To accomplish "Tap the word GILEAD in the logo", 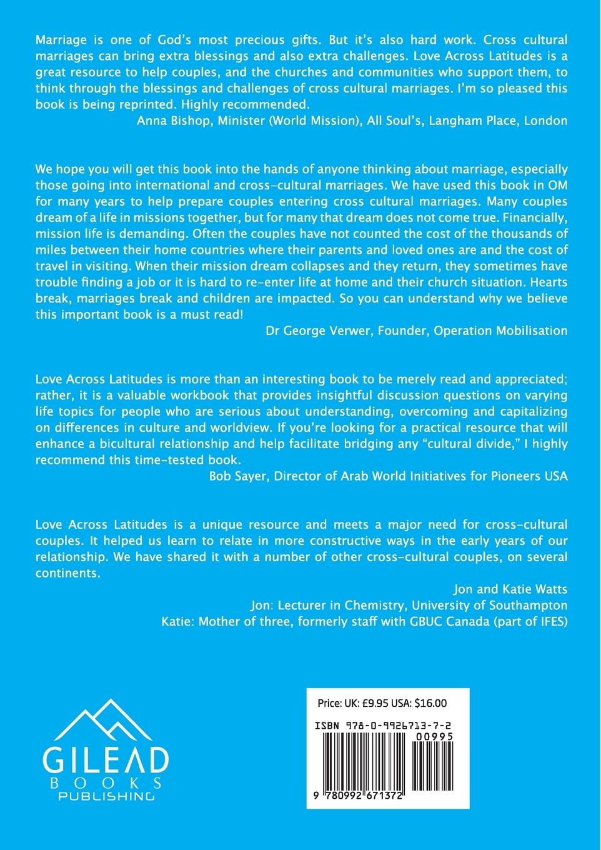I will point(105,759).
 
